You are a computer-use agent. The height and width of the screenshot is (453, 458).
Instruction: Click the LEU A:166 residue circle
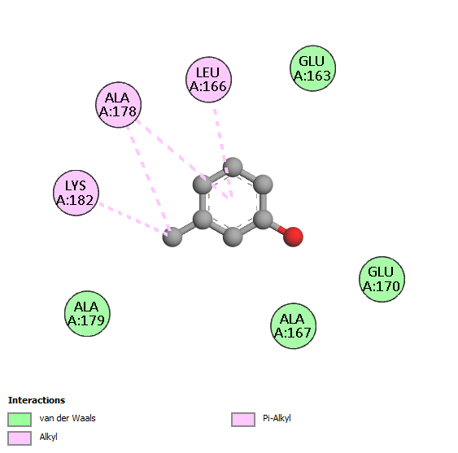point(208,80)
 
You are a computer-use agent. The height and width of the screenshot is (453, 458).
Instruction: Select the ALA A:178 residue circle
point(118,105)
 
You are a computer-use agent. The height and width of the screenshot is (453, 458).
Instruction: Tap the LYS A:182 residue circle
point(76,193)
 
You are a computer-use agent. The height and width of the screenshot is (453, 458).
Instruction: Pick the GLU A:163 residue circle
point(312,68)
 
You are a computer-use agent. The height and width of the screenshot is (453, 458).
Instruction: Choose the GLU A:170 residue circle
point(382,279)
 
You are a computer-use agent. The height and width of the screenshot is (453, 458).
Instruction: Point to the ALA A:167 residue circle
point(293,325)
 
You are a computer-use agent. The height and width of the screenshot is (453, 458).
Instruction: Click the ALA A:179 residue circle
point(87,313)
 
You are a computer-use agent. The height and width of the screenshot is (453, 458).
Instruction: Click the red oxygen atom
point(293,237)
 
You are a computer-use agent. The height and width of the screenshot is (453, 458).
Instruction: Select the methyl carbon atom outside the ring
point(172,237)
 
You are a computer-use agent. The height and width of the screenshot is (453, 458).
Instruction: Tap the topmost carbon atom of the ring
point(233,167)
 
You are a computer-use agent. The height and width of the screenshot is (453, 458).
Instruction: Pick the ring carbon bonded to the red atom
point(263,219)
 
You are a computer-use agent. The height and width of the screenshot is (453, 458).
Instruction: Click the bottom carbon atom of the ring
point(233,237)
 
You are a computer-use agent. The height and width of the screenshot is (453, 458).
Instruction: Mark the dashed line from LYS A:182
point(133,218)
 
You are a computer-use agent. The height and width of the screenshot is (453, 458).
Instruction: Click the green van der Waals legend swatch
point(20,420)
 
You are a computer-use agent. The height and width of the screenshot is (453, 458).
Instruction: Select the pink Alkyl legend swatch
point(20,438)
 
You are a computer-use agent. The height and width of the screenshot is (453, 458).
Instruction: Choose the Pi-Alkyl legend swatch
point(243,420)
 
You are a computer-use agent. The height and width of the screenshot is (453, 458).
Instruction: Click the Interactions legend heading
point(37,400)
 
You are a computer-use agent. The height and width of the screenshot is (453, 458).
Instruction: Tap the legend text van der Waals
point(68,418)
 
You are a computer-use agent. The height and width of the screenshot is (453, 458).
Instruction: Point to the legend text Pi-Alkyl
point(277,418)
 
